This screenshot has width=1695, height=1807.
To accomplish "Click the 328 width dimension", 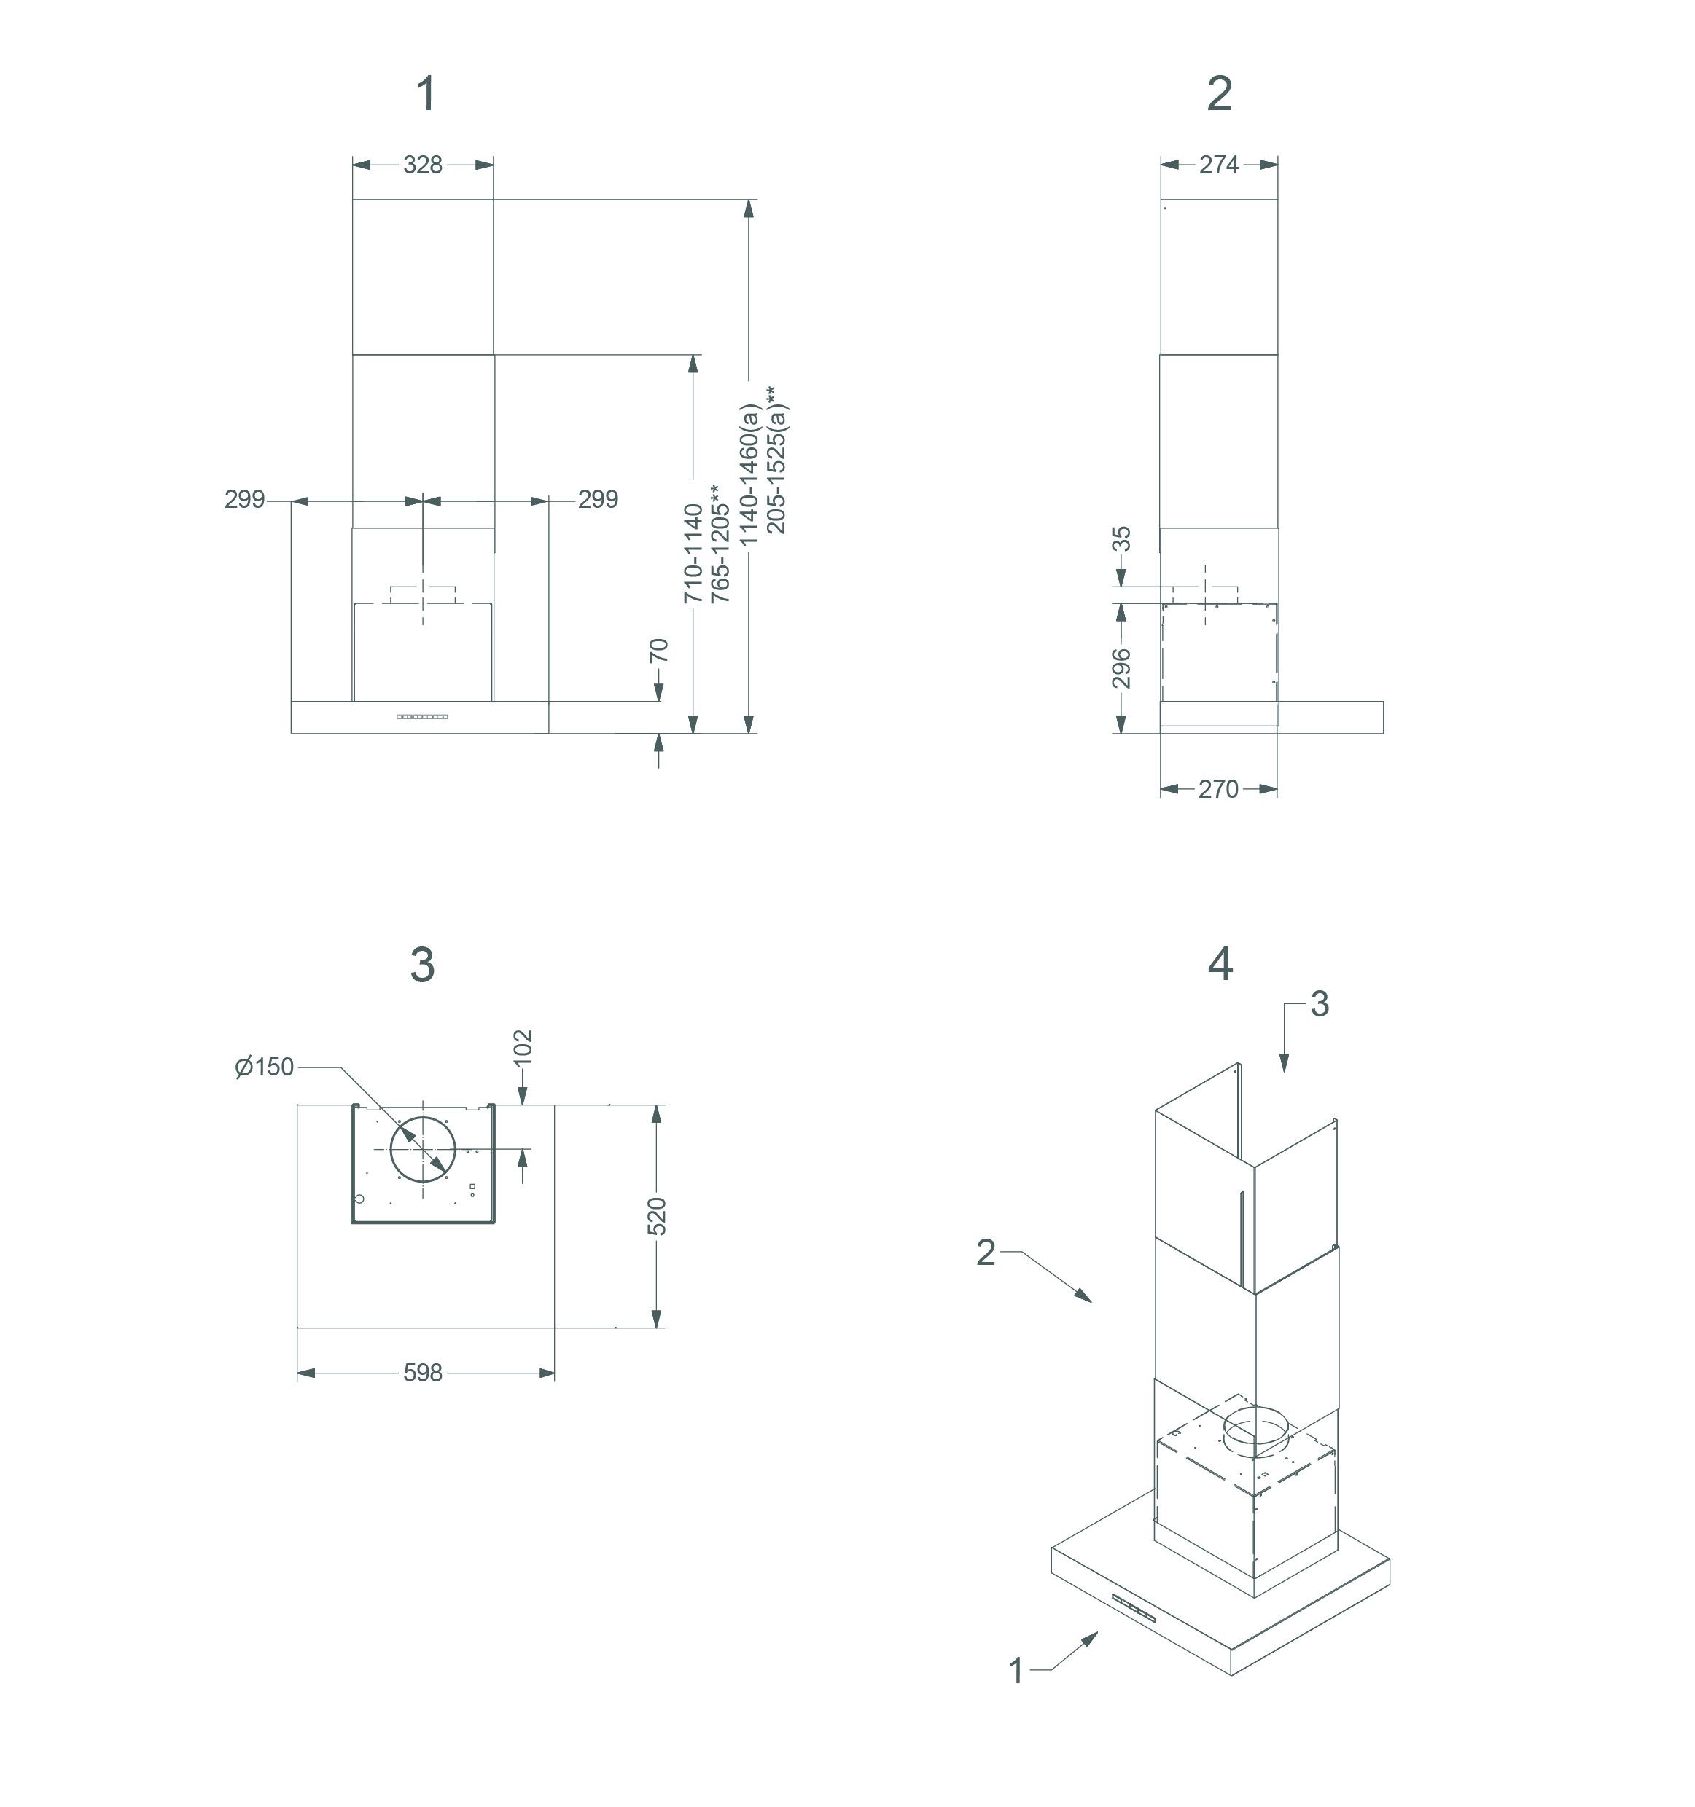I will [423, 165].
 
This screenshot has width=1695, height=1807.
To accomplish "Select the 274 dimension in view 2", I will [1218, 165].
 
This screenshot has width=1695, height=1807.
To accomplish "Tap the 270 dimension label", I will [1217, 789].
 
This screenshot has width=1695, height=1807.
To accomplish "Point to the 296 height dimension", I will [1121, 667].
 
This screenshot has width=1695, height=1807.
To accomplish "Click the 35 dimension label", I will [1122, 539].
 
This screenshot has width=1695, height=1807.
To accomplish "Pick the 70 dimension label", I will [659, 651].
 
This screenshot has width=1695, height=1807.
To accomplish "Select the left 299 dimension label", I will [245, 499].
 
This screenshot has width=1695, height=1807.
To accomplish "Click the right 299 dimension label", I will [599, 499].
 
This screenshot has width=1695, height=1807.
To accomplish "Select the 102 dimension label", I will [523, 1047].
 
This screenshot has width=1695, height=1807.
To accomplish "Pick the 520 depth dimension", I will [658, 1216].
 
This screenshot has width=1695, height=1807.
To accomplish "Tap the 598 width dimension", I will [423, 1373].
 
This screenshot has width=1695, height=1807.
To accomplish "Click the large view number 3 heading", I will [422, 965].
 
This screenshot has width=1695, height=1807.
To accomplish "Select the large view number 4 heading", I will [1220, 963].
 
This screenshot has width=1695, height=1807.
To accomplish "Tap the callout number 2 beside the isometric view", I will [986, 1253].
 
